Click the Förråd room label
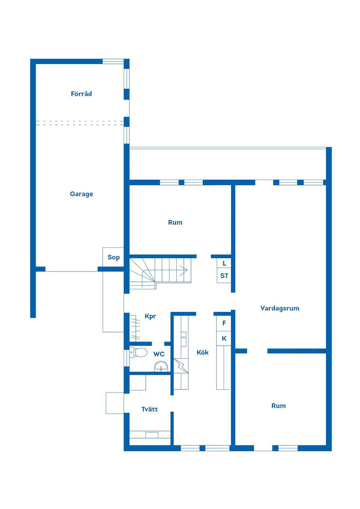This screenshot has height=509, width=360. coord(81,94)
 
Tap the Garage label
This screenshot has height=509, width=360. coord(81,194)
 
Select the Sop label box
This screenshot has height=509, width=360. coord(113,257)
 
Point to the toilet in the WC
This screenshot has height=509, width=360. coord(139,352)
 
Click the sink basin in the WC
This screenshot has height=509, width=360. coord(161,366)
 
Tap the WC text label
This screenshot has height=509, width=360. coord(159,354)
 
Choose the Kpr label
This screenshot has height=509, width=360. coord(150,316)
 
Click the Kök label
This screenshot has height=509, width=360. coord(202,352)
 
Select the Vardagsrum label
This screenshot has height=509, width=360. coord(280,308)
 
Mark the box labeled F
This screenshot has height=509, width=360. coord(224,323)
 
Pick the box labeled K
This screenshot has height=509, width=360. coord(224,338)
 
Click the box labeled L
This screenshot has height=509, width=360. coord(224,263)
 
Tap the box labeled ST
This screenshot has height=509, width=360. coord(224,276)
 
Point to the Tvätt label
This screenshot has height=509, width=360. coord(150,409)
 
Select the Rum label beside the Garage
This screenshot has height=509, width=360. coord(175,222)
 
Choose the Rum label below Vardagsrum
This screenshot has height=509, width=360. coord(279,406)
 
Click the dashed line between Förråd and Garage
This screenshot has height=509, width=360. coord(80,123)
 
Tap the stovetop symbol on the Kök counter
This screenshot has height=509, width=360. coord(181,365)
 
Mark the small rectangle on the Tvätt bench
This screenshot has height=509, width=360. coord(152,435)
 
